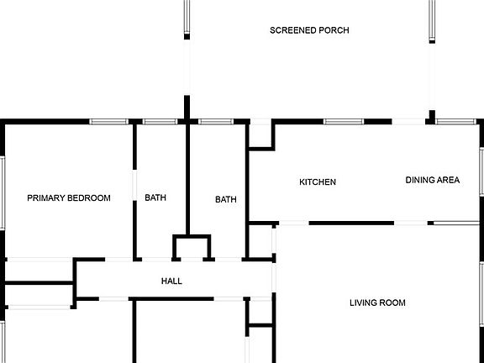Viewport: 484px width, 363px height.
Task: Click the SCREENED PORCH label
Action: (x=309, y=30)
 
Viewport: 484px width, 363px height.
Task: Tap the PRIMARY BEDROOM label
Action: (x=69, y=197)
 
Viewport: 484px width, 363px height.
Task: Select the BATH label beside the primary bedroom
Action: (x=155, y=197)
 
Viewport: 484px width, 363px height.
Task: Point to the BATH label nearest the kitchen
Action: (x=226, y=199)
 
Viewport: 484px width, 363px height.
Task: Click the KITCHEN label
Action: (x=318, y=181)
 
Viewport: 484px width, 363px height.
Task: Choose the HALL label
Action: (x=171, y=281)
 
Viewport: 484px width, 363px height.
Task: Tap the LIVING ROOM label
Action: (x=377, y=302)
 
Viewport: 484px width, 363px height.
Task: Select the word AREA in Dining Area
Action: (x=447, y=180)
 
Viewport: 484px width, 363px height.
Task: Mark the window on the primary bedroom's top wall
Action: (x=108, y=122)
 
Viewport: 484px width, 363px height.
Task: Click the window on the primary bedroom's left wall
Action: (x=3, y=193)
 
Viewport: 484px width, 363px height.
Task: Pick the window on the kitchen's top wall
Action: (x=344, y=122)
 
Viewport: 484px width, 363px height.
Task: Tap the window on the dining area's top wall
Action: (x=456, y=122)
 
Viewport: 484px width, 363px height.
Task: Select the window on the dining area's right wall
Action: (x=481, y=171)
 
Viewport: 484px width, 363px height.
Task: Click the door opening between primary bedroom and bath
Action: (x=134, y=185)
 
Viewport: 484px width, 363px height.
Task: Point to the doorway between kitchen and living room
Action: (x=294, y=223)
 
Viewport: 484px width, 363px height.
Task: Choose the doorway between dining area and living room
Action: (x=411, y=223)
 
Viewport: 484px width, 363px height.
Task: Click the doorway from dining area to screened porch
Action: (x=408, y=122)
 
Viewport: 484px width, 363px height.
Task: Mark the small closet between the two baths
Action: (x=192, y=248)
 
